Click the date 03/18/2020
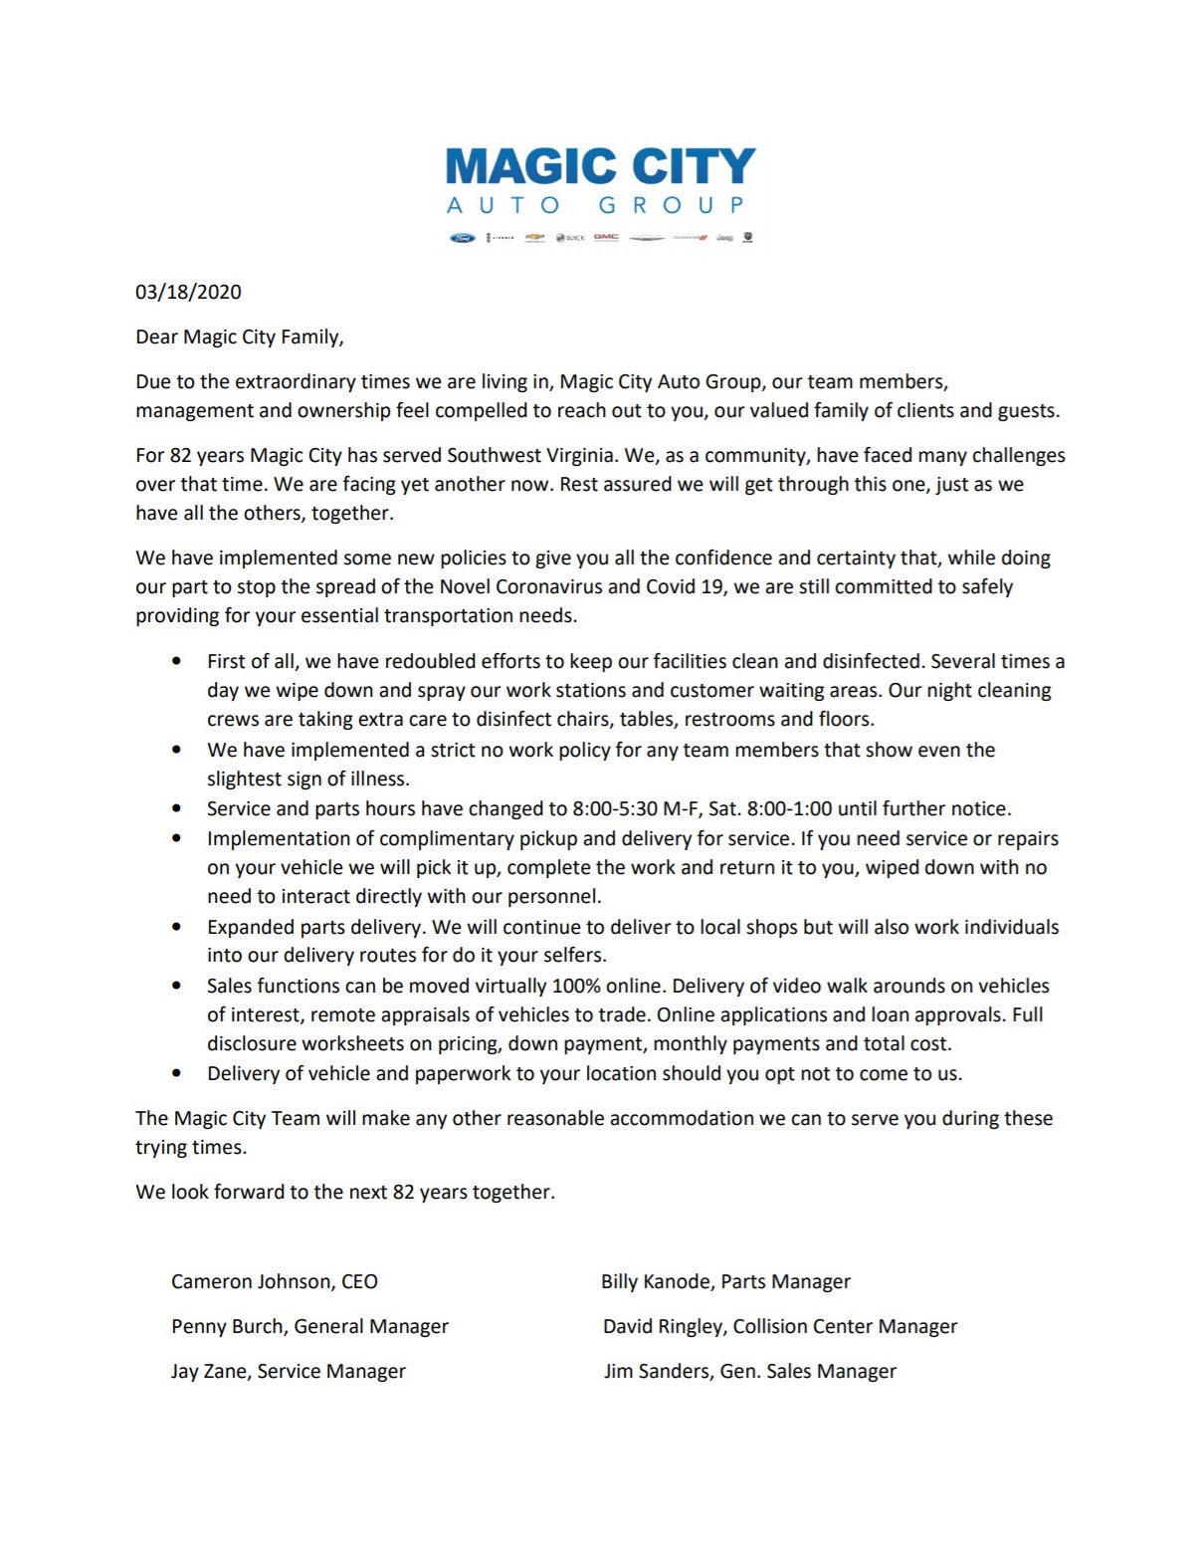188,292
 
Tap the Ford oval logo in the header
463,238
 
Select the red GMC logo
606,237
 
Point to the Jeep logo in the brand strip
725,238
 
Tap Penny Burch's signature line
309,1326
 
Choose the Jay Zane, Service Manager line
288,1371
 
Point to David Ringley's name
663,1326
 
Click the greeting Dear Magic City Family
239,336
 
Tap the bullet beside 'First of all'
177,661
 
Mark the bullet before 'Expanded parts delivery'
177,927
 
